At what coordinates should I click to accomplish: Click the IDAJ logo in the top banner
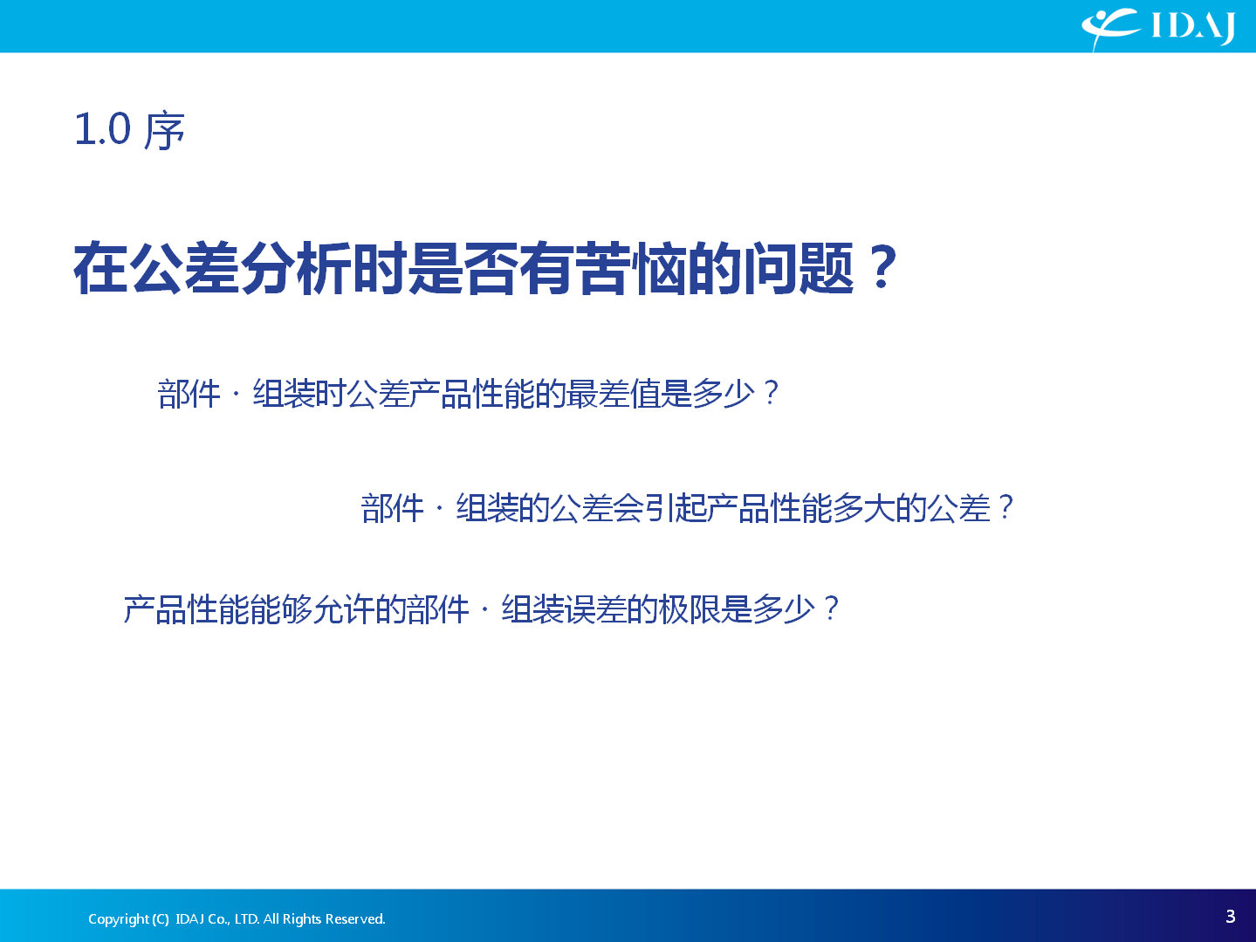1158,28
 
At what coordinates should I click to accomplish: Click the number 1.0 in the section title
103,129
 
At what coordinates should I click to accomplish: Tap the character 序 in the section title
164,131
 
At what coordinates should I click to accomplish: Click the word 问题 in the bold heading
800,268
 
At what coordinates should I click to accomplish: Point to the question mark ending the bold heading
882,267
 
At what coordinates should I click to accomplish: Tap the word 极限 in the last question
690,609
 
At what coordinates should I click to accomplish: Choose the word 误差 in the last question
595,609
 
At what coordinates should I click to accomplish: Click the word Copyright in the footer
119,919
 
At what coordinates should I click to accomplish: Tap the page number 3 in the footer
1230,917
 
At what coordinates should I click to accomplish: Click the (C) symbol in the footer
161,919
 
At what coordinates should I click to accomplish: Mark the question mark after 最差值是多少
771,393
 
